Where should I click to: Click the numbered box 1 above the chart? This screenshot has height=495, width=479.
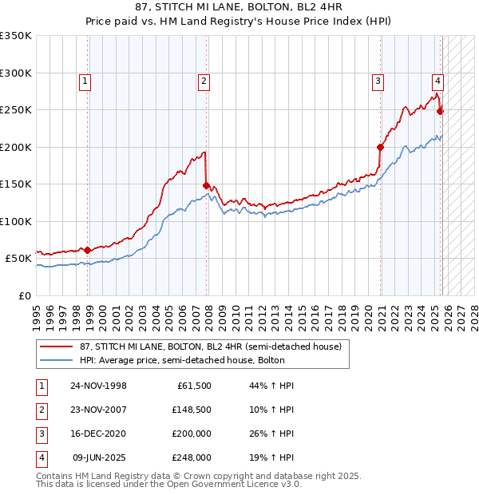pos(85,80)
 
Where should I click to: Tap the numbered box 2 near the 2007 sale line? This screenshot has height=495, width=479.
pos(204,80)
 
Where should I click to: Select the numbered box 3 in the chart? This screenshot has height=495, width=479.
pos(377,80)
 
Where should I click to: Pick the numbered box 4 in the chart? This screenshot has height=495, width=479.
pos(437,80)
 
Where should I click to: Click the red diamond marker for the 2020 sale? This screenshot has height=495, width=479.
pos(380,147)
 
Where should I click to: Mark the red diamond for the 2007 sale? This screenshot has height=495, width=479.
pos(206,185)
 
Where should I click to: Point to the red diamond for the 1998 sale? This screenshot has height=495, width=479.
pos(88,250)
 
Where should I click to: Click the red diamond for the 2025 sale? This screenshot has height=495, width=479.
pos(440,112)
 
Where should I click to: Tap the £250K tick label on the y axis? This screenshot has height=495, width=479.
pos(15,110)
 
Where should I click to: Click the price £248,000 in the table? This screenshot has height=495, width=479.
pos(189,457)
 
